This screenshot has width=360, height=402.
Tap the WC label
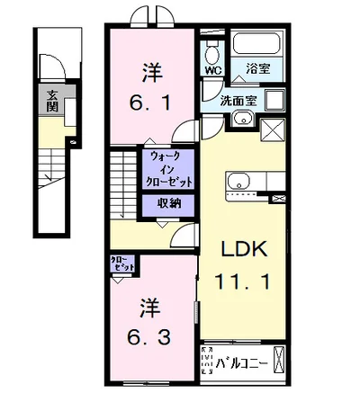(x=213, y=68)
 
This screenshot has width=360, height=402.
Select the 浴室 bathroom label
(x=258, y=68)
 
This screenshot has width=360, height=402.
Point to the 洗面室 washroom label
(x=239, y=101)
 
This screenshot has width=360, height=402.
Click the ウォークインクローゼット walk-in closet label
(x=172, y=168)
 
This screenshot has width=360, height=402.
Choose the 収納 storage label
(x=171, y=203)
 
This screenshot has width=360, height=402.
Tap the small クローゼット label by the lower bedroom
(x=121, y=265)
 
